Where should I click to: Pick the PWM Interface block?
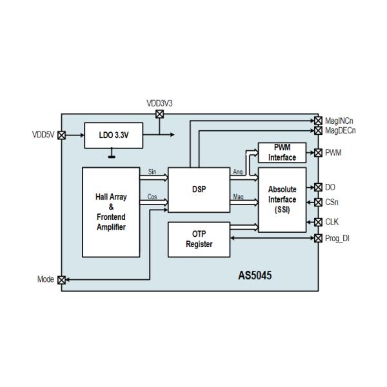pos(282,153)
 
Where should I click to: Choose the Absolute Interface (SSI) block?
pos(282,199)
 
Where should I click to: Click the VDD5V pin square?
pos(62,135)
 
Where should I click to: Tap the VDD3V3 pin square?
pos(160,114)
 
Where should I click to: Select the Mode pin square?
pos(62,280)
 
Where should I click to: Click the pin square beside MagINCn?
pos(318,120)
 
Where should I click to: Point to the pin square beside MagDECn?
pos(318,130)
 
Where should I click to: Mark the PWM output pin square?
pos(318,153)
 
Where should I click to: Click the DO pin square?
pos(318,187)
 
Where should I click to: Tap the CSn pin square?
pos(318,203)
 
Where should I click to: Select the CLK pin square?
pos(318,222)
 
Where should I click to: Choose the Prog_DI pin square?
pos(318,238)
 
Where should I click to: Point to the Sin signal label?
pos(152,172)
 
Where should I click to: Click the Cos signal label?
pos(152,197)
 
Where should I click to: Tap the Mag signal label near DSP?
pos(238,197)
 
